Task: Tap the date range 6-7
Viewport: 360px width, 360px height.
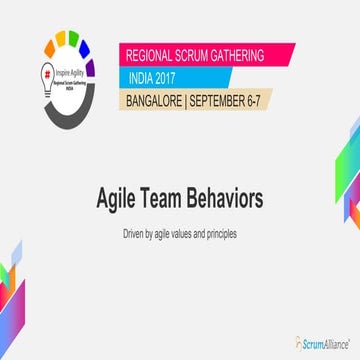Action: click(265, 99)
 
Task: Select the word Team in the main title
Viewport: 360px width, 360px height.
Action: click(189, 199)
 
